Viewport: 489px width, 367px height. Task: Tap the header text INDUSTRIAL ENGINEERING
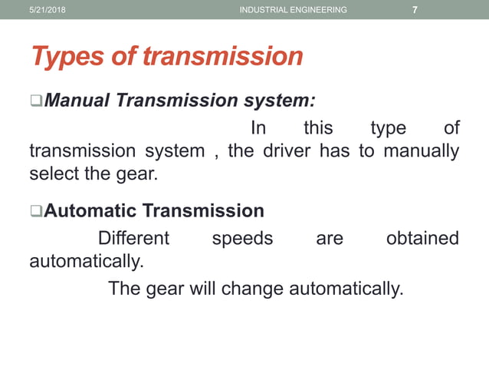(293, 10)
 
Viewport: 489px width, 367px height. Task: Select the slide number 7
(415, 10)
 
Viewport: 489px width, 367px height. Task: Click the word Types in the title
(68, 56)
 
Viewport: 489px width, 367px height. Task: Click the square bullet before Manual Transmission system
(35, 101)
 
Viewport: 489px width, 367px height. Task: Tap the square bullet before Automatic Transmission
(35, 211)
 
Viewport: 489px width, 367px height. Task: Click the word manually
(421, 150)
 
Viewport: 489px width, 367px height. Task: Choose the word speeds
(242, 238)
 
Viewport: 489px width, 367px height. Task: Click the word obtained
(422, 238)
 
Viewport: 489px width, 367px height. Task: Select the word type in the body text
(389, 127)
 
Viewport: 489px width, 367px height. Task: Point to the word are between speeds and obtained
(330, 238)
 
